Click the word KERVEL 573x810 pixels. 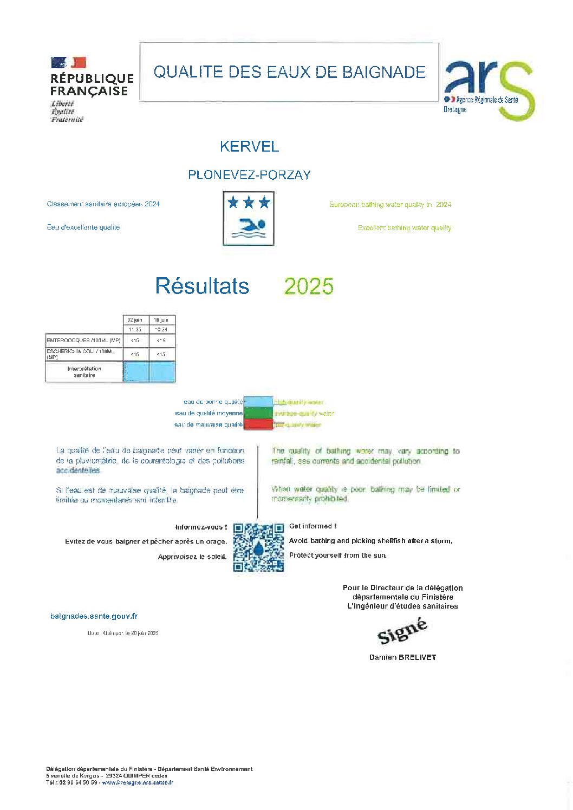point(249,146)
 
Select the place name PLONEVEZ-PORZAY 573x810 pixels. point(249,175)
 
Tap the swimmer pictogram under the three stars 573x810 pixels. point(249,227)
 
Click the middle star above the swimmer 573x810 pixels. point(249,203)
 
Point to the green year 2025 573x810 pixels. point(309,286)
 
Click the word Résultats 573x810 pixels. point(202,286)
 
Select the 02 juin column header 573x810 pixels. point(135,320)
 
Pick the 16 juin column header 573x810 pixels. point(161,320)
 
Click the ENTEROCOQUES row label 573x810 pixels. point(84,341)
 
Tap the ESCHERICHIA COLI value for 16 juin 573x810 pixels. point(161,355)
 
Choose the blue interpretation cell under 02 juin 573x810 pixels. point(135,372)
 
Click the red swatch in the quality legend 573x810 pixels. point(258,424)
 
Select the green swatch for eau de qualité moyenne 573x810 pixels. point(258,413)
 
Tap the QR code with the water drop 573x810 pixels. point(258,547)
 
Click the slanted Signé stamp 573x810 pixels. point(402,631)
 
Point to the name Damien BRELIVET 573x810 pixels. point(402,657)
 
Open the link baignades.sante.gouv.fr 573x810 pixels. point(94,616)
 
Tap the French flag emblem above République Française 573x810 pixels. point(69,63)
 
